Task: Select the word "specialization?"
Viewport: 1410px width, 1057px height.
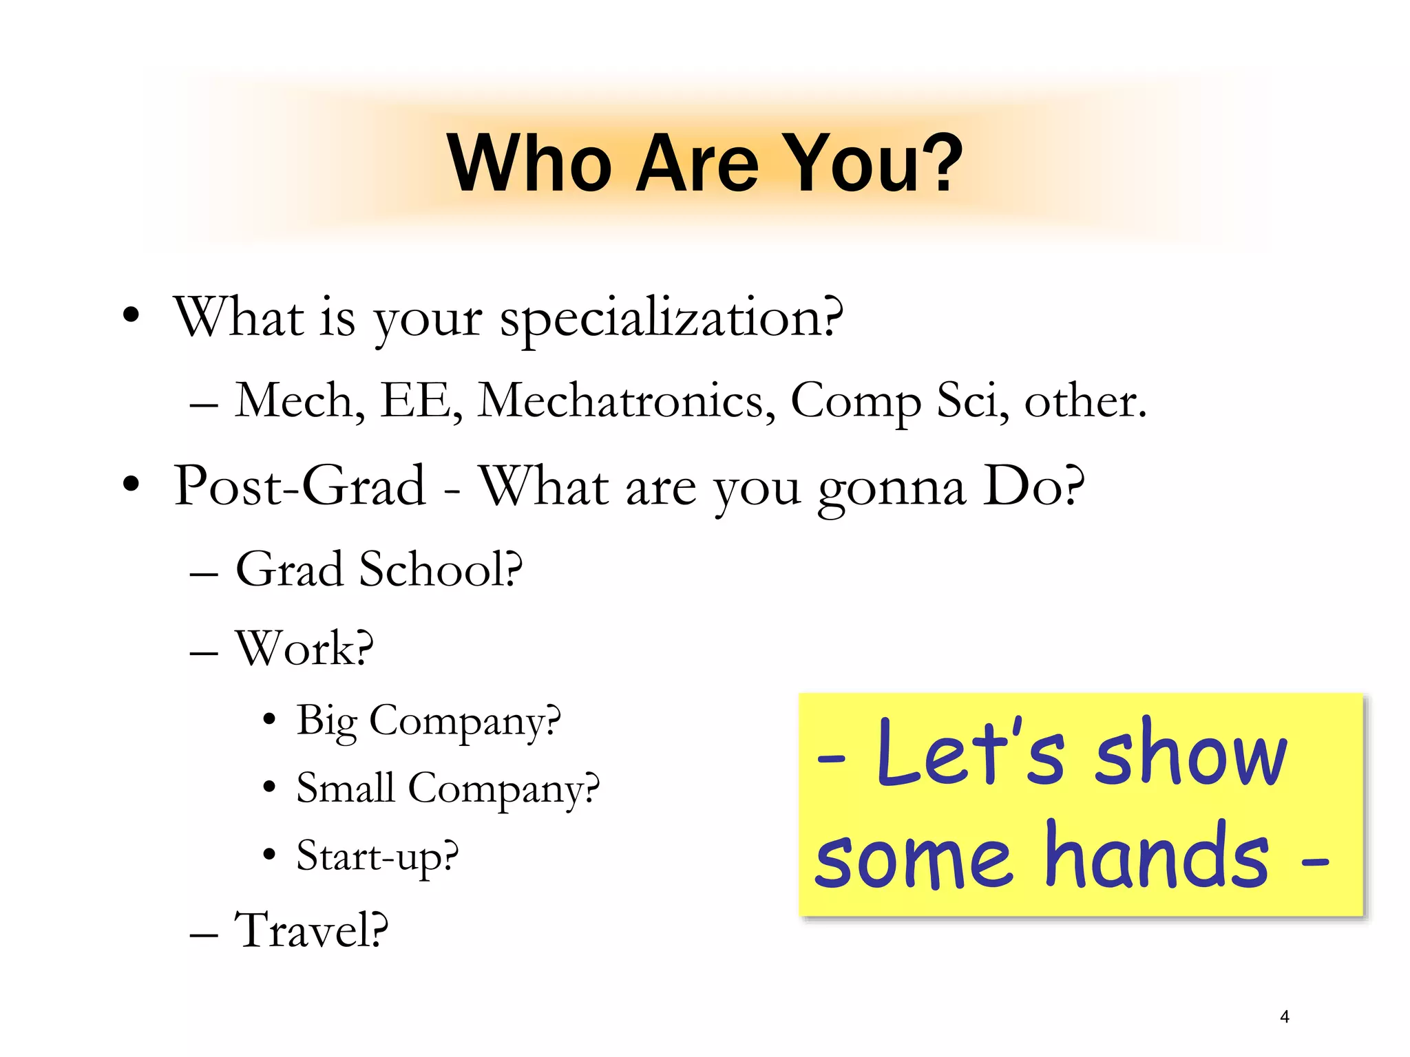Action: pos(671,319)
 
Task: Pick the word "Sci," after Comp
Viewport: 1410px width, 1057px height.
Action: pos(972,401)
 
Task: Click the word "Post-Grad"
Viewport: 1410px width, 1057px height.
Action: pos(300,487)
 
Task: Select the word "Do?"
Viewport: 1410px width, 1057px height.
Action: pos(1033,487)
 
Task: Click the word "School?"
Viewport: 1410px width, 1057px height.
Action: pos(441,570)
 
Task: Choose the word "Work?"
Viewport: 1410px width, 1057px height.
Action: pos(304,649)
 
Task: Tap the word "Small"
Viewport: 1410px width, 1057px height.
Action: pos(346,788)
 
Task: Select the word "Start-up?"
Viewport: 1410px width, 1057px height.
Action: pos(377,857)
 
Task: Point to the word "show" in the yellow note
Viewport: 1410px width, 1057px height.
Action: pos(1190,754)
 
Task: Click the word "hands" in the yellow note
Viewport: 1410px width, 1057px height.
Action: pos(1157,857)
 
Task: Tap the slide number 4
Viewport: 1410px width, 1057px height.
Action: pos(1285,1016)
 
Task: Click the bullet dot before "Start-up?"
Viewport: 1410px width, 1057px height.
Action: pos(269,855)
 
